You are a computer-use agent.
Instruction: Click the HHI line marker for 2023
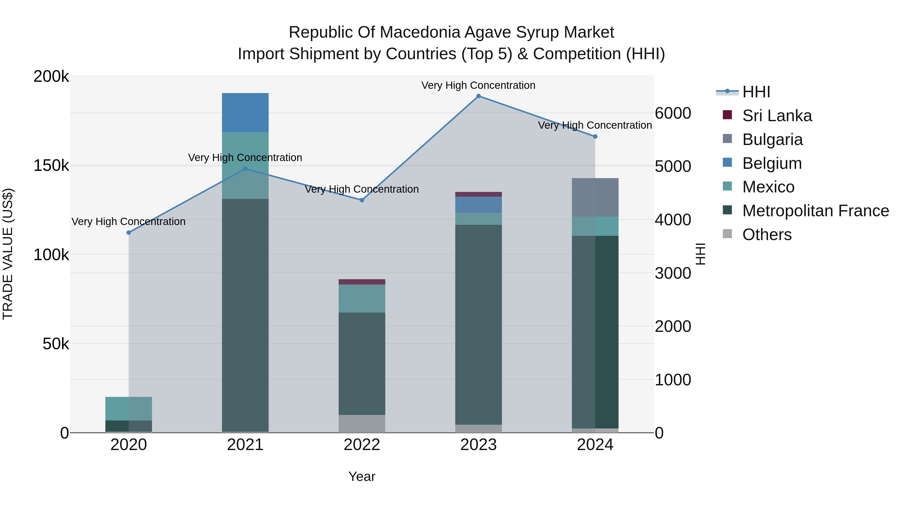479,96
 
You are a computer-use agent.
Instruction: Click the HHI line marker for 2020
129,233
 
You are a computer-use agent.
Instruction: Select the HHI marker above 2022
362,200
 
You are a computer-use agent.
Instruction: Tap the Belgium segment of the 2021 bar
245,113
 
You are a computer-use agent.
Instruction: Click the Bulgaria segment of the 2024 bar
595,197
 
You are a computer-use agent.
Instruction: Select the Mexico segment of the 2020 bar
129,408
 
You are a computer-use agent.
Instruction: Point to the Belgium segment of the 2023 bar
479,205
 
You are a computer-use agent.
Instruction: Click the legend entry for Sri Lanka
777,116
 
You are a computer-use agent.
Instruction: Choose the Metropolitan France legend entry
815,211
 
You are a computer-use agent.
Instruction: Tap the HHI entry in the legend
756,92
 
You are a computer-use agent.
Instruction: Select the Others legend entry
767,235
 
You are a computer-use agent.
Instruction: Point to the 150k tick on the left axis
51,166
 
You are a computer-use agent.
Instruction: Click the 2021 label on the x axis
245,445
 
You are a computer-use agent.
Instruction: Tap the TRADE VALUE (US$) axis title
8,254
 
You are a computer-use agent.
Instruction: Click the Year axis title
362,476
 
